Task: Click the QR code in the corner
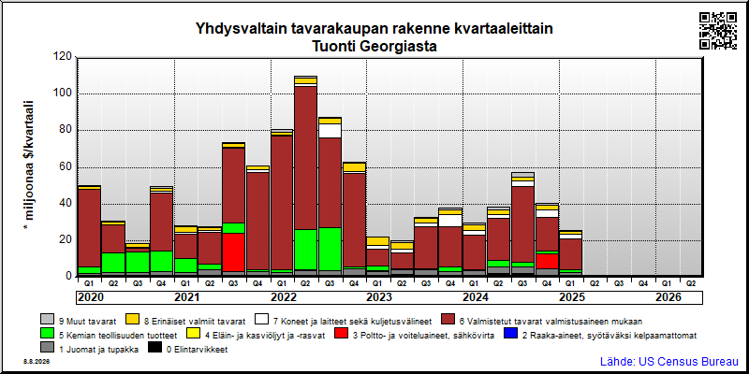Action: point(718,31)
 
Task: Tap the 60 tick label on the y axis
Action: point(65,167)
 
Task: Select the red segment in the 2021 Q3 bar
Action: point(233,252)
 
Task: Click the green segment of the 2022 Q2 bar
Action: point(306,250)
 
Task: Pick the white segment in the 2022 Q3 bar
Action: point(330,131)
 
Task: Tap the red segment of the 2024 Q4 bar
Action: point(547,261)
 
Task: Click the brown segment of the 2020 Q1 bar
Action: point(89,228)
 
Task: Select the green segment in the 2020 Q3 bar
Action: point(137,263)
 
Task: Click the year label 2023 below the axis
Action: point(379,297)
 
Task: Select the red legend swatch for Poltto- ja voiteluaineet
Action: point(341,335)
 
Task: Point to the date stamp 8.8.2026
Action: point(36,362)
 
